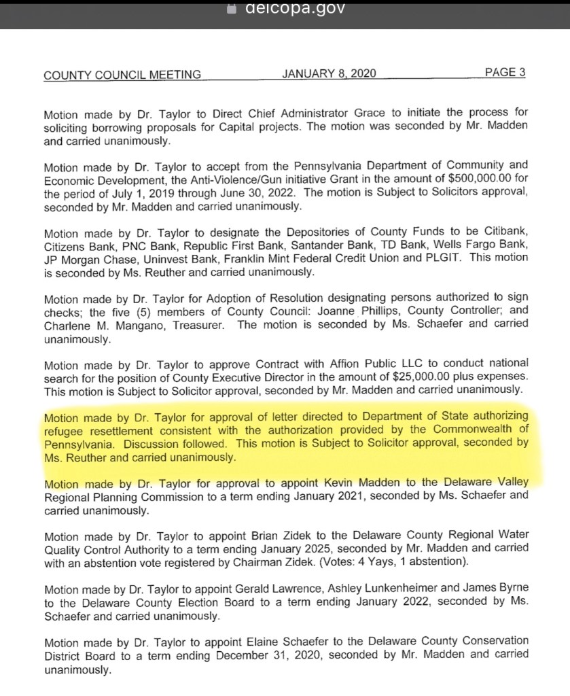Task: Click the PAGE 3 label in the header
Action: [x=505, y=73]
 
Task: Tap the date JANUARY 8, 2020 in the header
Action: [x=329, y=73]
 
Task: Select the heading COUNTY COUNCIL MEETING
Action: [x=122, y=75]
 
